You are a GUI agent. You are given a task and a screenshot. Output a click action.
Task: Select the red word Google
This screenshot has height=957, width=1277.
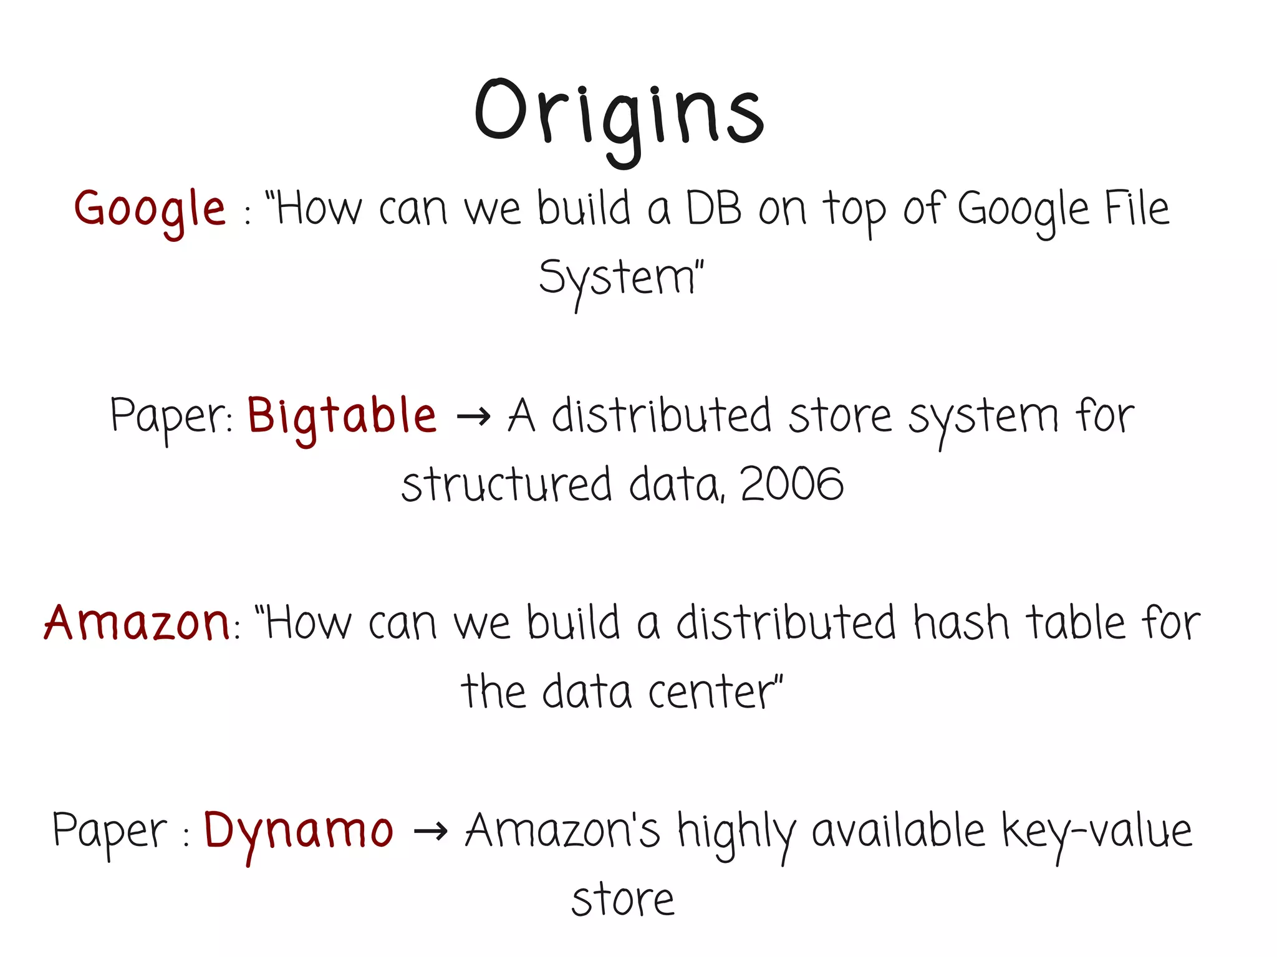point(150,209)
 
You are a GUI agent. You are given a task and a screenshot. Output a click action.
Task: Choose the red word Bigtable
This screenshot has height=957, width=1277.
point(342,416)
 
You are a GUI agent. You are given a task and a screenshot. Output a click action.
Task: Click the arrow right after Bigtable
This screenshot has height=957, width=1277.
point(473,416)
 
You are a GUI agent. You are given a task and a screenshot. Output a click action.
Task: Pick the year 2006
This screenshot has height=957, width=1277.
point(792,484)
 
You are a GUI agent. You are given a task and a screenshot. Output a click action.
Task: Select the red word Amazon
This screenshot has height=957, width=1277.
point(137,623)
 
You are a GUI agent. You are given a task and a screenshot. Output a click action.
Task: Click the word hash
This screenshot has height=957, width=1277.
point(961,623)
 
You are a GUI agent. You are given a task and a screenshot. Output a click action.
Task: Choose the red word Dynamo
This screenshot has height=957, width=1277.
point(299,830)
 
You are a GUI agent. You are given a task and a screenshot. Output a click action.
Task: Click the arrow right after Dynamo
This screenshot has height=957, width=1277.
point(430,831)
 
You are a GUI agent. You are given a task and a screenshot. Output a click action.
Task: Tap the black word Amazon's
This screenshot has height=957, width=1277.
point(562,830)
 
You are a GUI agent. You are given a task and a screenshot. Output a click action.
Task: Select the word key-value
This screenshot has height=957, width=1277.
point(1097,832)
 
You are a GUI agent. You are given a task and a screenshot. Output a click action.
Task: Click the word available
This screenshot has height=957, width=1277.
point(899,830)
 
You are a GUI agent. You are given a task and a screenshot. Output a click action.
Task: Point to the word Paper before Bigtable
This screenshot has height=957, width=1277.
point(170,416)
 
